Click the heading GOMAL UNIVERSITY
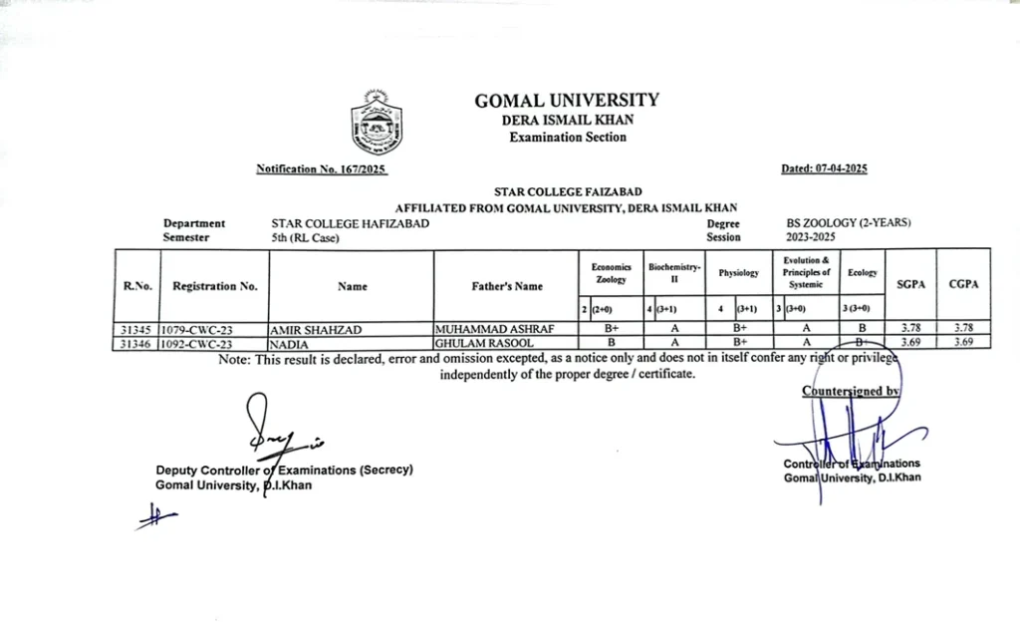pos(567,100)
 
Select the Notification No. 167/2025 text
pos(321,169)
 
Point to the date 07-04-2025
pos(824,168)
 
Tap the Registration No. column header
pos(214,286)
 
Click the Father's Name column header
pos(507,286)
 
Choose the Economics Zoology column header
pos(611,273)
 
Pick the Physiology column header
pos(738,273)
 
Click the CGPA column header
pos(962,284)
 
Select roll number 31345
pos(134,328)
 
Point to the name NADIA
pos(287,342)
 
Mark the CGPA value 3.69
pos(962,342)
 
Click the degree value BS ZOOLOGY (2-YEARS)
pos(849,223)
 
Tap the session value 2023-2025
pos(811,237)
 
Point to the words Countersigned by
pos(851,392)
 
